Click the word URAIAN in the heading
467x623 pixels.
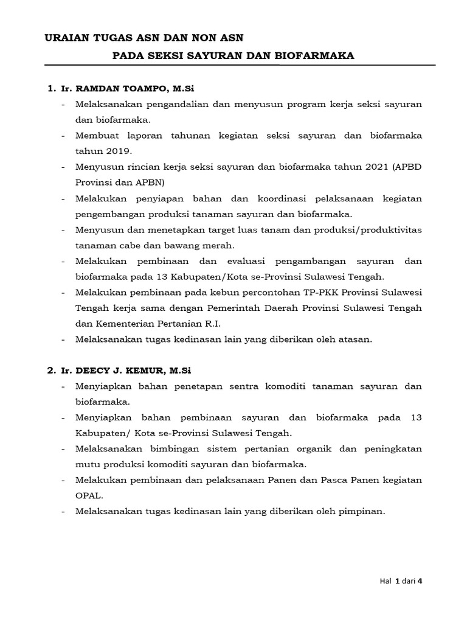65,38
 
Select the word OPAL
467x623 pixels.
87,496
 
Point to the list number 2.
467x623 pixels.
50,370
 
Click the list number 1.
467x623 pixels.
50,89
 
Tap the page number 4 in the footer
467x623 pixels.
420,581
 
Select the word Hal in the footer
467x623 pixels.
385,581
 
